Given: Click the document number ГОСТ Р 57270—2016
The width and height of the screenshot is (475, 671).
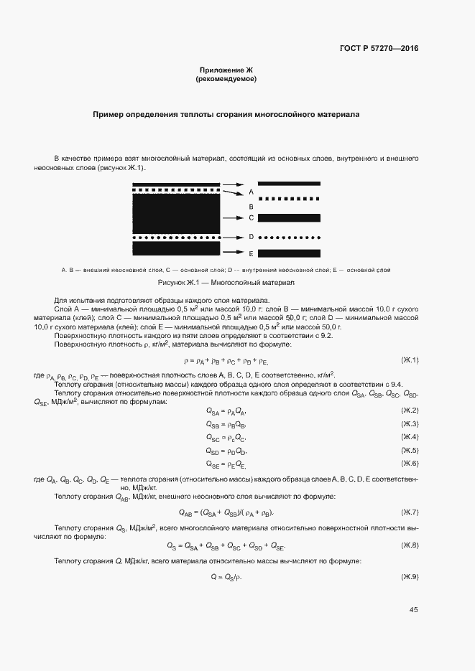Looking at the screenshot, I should tap(379, 49).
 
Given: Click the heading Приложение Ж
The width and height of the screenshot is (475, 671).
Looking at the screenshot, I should tap(226, 70).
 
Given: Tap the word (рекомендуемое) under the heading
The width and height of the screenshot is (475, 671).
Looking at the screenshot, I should tap(226, 79).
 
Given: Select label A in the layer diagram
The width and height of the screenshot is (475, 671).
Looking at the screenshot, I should tap(251, 192).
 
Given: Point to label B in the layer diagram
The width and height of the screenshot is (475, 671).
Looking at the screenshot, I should tap(251, 206).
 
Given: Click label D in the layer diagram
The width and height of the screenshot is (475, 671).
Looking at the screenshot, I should tap(251, 236).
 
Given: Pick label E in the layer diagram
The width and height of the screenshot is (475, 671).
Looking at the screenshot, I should tap(251, 253).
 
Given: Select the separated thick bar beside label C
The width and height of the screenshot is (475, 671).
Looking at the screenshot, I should tap(289, 217).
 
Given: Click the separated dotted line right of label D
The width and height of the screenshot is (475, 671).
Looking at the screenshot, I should tap(289, 236).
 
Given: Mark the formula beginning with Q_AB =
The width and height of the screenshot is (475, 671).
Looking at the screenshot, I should tap(226, 512).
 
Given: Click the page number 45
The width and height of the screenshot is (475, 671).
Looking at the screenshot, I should tap(413, 610).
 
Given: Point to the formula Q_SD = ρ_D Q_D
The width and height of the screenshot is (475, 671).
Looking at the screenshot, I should tap(226, 451).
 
